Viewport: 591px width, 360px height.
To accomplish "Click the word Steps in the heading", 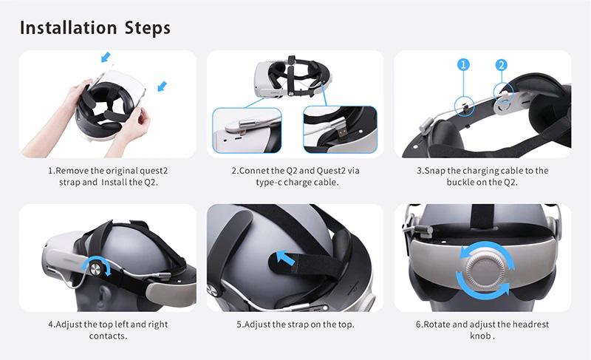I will click(x=144, y=28).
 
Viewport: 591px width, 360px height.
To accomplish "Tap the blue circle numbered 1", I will click(x=464, y=65).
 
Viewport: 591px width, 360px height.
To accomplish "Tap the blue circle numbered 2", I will click(x=502, y=65).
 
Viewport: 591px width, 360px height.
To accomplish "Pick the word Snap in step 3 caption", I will click(x=436, y=170).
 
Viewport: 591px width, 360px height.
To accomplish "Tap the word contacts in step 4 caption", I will click(x=108, y=336).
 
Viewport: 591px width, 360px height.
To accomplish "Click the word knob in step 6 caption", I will click(x=481, y=336).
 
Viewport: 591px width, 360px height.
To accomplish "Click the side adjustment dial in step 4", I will click(x=97, y=266).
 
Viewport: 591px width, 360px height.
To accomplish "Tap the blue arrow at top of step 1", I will click(x=106, y=56).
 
